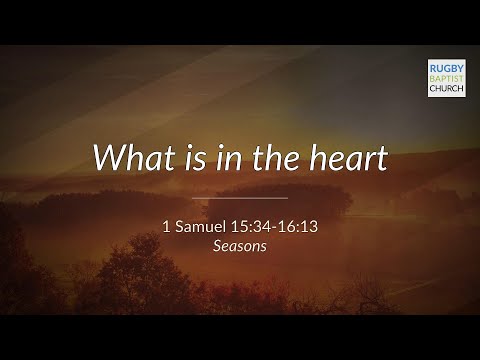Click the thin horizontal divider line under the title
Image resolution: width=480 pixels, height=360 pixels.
pyautogui.click(x=239, y=197)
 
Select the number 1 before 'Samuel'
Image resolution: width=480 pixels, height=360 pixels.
pyautogui.click(x=166, y=226)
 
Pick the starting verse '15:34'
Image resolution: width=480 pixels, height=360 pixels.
pyautogui.click(x=249, y=226)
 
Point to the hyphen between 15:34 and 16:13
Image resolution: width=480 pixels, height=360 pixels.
pyautogui.click(x=272, y=227)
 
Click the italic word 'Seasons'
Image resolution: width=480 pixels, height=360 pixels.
pyautogui.click(x=239, y=245)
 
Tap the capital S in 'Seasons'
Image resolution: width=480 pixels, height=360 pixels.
pyautogui.click(x=216, y=245)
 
